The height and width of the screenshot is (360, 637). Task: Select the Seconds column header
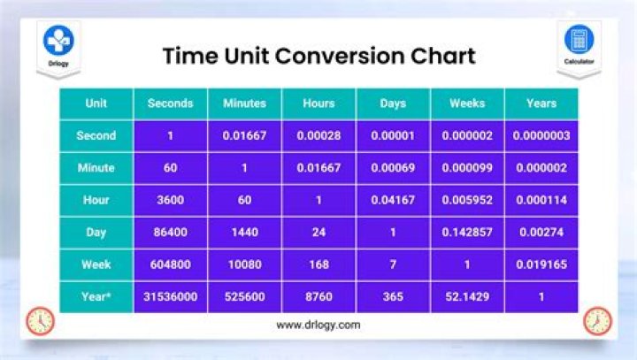point(170,103)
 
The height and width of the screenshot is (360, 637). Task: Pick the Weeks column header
point(467,103)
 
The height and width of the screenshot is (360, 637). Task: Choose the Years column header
point(541,103)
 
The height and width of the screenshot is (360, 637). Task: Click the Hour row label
point(96,200)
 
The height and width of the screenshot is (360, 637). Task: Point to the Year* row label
point(96,297)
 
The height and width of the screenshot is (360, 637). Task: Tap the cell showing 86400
point(170,233)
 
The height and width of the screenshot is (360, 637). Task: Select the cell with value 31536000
point(170,297)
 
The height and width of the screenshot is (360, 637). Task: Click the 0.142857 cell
point(467,233)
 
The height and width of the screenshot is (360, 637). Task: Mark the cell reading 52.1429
point(467,297)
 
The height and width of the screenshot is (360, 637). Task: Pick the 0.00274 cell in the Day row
point(541,233)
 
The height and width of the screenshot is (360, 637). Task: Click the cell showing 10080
point(244,264)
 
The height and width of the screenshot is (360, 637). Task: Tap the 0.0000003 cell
point(541,136)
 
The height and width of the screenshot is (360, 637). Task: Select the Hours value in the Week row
point(318,264)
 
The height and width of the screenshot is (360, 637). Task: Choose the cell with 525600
point(244,297)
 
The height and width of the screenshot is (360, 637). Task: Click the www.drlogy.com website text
point(318,325)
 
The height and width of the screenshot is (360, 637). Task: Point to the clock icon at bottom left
point(40,321)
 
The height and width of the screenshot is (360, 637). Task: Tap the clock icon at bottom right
point(597,321)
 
